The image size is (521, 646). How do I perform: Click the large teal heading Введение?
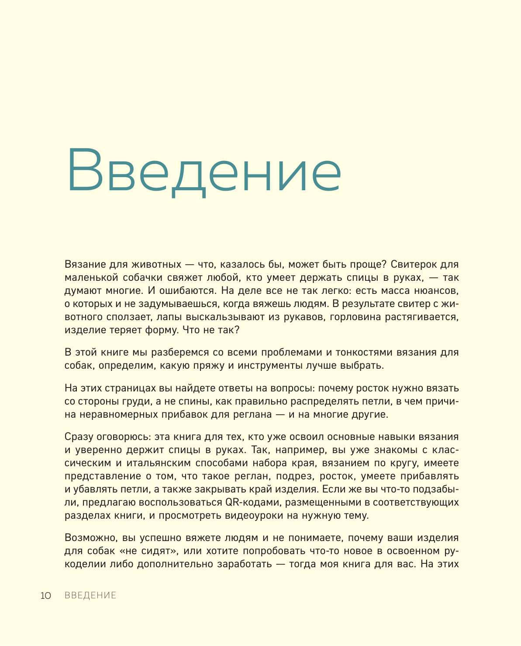[x=204, y=171]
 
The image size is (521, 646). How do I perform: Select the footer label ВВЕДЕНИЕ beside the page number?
[x=90, y=595]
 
